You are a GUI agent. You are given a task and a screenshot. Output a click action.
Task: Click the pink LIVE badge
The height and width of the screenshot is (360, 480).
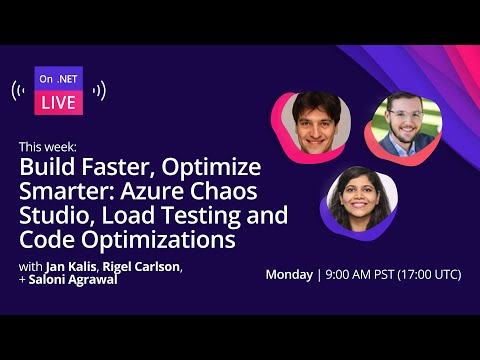[x=59, y=102]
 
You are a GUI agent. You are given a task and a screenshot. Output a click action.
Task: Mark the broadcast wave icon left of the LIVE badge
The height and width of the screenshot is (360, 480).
[x=19, y=92]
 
